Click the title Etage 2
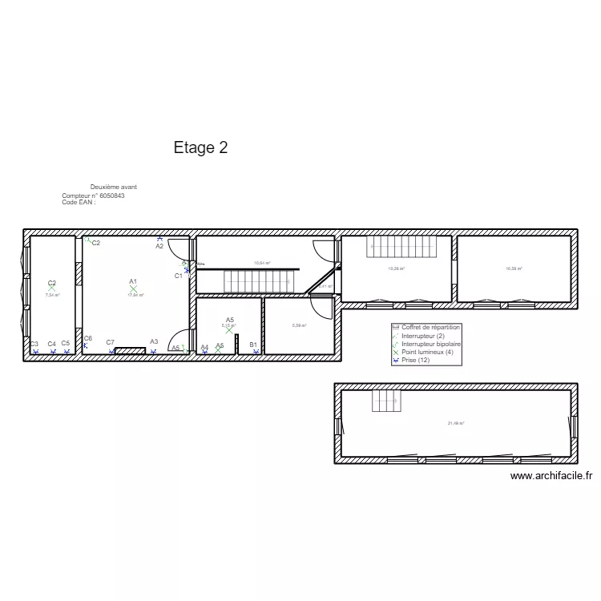(200, 147)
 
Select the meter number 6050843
(111, 196)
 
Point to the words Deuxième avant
(113, 187)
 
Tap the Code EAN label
(78, 203)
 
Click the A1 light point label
(133, 281)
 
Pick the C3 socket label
(34, 344)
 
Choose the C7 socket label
(111, 343)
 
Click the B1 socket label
(253, 345)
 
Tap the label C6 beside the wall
(88, 338)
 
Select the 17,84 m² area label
(135, 295)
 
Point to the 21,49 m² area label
(456, 423)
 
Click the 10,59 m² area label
(514, 269)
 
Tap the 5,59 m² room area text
(299, 325)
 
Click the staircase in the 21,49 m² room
(385, 401)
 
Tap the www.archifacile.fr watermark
(551, 475)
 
